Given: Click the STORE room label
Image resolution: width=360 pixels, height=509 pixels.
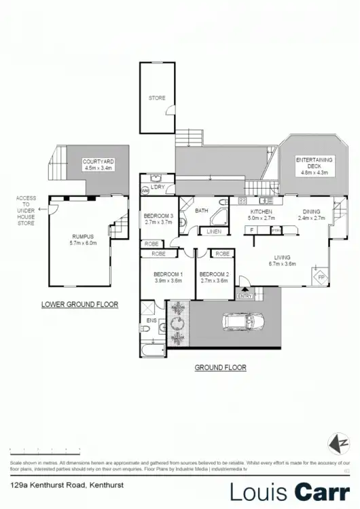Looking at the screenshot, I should (x=157, y=98).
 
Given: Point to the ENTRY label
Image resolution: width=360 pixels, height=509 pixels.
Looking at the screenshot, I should (x=245, y=295).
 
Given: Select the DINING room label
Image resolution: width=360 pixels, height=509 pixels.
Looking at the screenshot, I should (x=313, y=214).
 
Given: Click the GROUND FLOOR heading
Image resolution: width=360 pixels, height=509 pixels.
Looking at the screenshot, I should (x=220, y=367).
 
